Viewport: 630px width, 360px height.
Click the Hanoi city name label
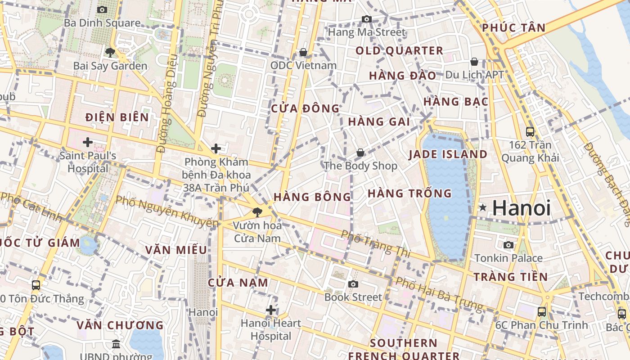[522, 208]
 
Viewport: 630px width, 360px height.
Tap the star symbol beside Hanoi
[483, 207]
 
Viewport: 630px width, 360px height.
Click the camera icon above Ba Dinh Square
[102, 9]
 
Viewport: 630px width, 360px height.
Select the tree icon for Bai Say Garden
[110, 52]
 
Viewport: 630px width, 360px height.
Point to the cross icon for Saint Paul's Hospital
[88, 143]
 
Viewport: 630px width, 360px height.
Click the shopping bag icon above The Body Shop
[360, 153]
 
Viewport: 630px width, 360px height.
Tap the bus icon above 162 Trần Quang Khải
[530, 132]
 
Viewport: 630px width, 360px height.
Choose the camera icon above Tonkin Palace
[508, 245]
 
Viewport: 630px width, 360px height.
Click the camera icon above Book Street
[353, 284]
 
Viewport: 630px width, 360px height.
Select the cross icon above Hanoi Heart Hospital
[270, 310]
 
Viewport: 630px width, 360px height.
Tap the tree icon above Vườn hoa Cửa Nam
[257, 212]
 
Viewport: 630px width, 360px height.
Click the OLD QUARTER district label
[400, 50]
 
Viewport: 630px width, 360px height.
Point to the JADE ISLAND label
[448, 154]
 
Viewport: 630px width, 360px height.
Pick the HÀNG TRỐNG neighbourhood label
[409, 193]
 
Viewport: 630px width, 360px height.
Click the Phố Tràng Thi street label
[375, 243]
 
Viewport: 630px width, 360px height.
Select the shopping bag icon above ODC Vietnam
[303, 52]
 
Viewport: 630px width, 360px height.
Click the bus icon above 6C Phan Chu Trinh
[542, 311]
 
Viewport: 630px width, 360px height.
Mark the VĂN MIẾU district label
[176, 250]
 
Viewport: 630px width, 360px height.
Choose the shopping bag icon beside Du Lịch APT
[474, 62]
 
